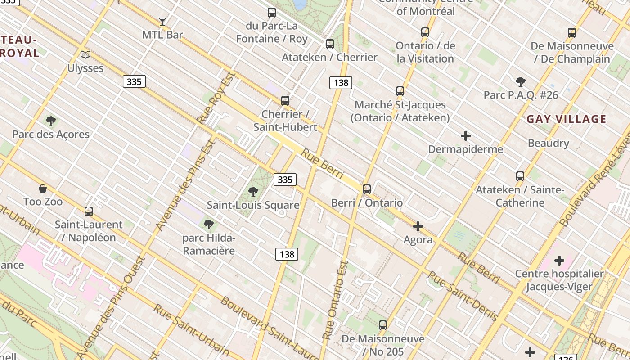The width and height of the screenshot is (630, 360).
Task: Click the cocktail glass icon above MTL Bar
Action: pos(162,21)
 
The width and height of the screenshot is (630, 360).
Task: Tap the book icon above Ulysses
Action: pos(85,55)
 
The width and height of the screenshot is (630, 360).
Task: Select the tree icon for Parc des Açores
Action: pos(51,121)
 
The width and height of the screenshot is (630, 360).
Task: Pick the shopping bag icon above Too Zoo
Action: pos(43,188)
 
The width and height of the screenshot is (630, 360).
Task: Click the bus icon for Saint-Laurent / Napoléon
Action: pos(89,211)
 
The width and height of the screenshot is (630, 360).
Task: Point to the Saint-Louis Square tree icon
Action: pos(253,192)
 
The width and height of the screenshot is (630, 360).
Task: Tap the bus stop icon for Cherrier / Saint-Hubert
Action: pos(285,101)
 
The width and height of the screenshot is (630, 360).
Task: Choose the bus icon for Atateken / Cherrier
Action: pos(330,44)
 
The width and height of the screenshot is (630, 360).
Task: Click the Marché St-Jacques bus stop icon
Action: pos(400,91)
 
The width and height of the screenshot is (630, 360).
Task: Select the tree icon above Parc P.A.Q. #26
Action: pos(521,82)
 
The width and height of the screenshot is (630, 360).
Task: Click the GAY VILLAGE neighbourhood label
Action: pos(566,119)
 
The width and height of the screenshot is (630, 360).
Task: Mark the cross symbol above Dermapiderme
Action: pos(466,136)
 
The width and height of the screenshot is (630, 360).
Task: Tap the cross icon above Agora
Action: pos(418,226)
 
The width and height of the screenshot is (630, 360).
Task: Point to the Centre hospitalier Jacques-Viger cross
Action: pos(559,261)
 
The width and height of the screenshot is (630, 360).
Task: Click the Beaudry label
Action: pos(549,143)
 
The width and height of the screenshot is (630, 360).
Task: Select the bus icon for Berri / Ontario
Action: pos(367,189)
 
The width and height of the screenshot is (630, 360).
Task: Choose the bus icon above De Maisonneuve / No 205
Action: pos(383,325)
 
